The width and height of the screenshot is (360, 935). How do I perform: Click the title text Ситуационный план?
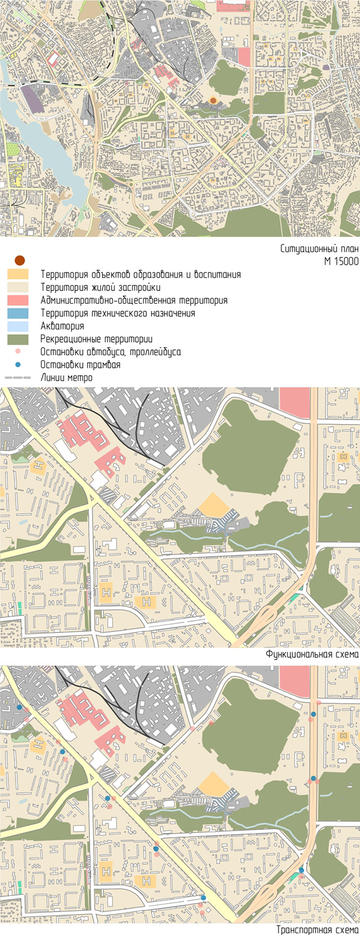(319, 249)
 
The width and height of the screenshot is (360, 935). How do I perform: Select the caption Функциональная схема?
(312, 654)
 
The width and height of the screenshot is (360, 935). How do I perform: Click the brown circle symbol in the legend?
(19, 260)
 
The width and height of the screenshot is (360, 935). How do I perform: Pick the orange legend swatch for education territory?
(18, 274)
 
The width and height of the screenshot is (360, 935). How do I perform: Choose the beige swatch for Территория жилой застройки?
(18, 287)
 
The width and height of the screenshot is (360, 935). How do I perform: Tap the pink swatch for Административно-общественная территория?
(18, 300)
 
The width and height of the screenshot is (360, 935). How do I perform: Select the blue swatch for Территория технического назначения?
(18, 313)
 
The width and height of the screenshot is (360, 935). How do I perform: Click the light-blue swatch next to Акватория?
(18, 326)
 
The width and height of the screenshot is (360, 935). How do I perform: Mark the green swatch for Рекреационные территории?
(18, 339)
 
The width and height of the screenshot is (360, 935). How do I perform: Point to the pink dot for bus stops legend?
(18, 352)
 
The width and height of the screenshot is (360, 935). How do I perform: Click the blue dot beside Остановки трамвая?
(18, 364)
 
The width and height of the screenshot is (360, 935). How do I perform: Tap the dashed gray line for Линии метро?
(18, 377)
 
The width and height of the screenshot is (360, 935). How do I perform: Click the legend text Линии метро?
(67, 378)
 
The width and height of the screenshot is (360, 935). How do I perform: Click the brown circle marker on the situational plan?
(213, 101)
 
